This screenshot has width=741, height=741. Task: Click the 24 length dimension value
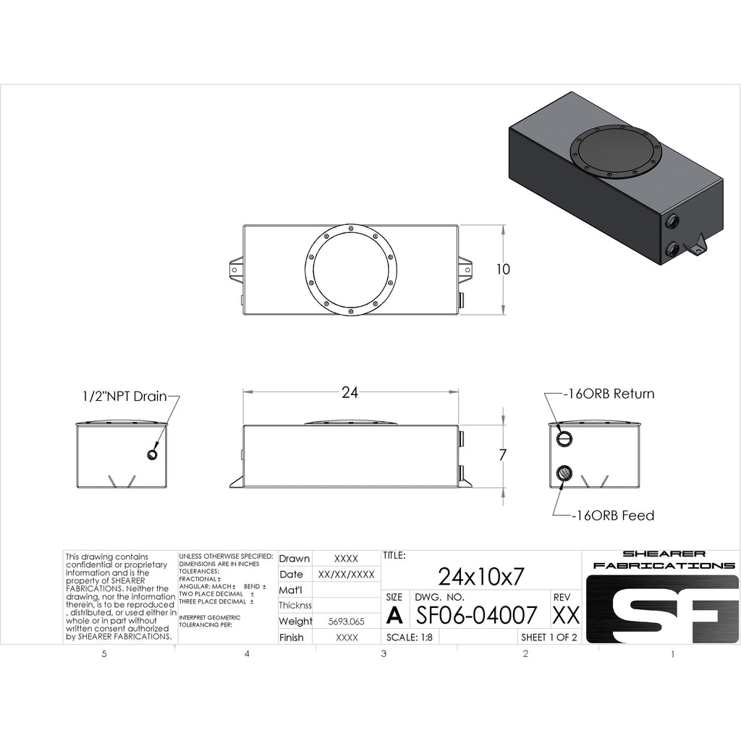pyautogui.click(x=350, y=392)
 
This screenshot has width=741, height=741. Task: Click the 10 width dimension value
pyautogui.click(x=504, y=269)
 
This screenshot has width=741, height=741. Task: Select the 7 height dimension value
pyautogui.click(x=503, y=454)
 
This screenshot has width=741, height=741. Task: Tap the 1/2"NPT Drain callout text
pyautogui.click(x=124, y=396)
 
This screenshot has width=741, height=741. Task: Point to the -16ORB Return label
pyautogui.click(x=609, y=394)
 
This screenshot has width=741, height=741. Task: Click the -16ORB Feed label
pyautogui.click(x=613, y=515)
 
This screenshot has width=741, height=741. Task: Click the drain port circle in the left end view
pyautogui.click(x=152, y=454)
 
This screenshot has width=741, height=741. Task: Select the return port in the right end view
pyautogui.click(x=564, y=439)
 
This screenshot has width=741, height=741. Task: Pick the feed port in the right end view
pyautogui.click(x=564, y=473)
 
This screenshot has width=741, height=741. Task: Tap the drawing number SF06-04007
pyautogui.click(x=476, y=615)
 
